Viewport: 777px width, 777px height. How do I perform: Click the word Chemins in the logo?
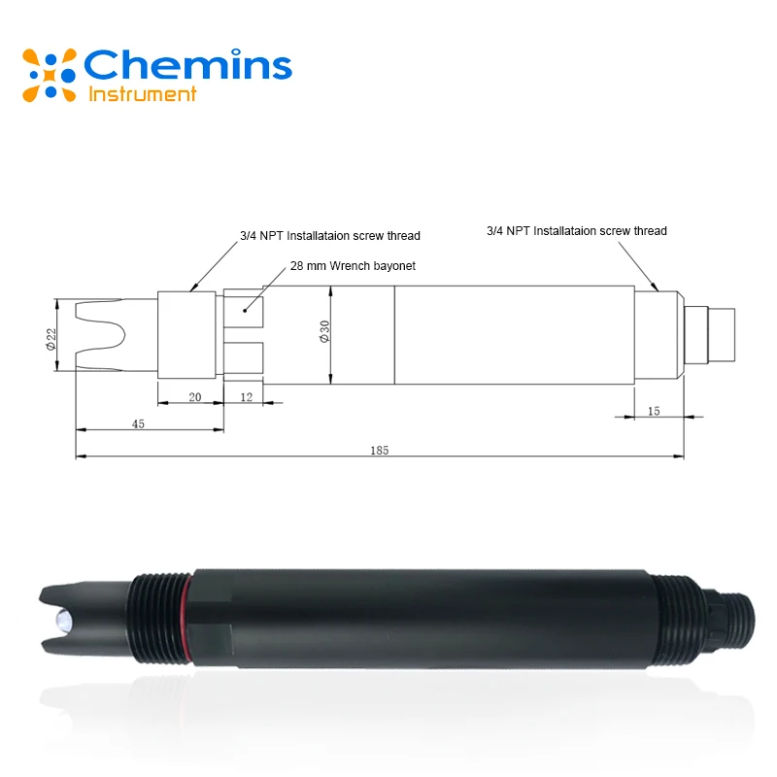pos(187,66)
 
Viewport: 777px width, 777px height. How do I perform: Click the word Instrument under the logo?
pos(143,94)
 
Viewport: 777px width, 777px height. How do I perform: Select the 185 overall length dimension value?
pos(379,449)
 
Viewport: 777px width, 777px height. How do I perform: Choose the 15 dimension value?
pos(653,411)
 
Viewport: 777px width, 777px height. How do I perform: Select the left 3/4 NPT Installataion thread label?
pos(329,235)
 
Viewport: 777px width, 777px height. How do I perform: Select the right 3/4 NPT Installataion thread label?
pos(576,231)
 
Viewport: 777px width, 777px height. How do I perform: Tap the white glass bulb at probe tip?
pos(62,617)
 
